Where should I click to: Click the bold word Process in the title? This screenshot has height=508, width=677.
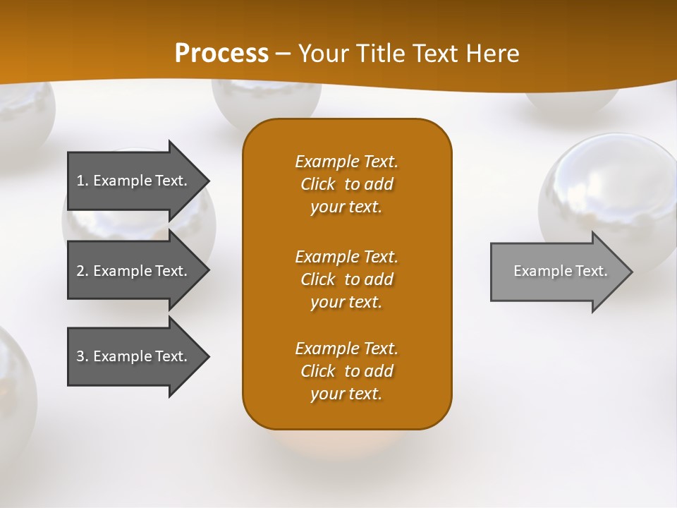coord(221,54)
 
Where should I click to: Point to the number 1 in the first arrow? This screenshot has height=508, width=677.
coord(80,181)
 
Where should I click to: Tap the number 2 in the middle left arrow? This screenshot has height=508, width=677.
coord(80,271)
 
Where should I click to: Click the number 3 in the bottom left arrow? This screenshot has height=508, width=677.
coord(80,356)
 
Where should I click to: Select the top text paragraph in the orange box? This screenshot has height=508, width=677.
coord(346,184)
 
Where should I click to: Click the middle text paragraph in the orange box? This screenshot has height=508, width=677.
coord(346,279)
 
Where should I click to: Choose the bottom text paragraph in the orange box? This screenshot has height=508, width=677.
coord(346,371)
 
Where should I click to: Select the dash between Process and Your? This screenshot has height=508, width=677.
coord(283,55)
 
